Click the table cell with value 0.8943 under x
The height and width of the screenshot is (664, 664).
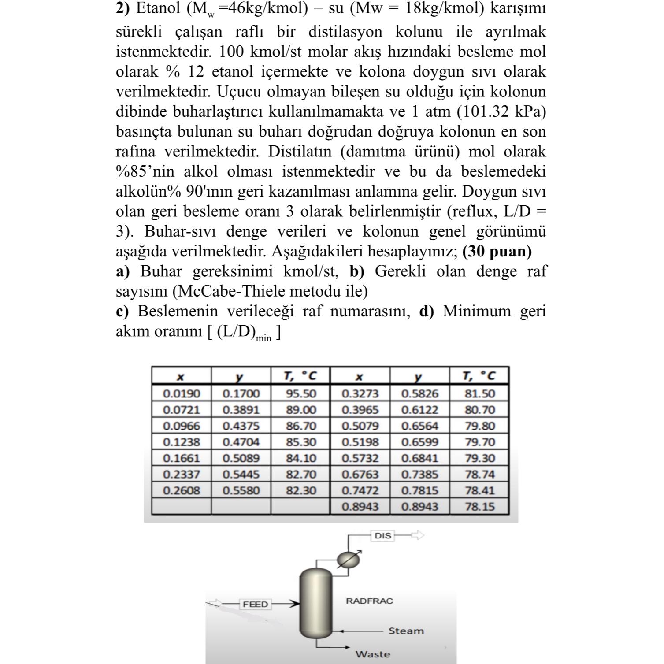pos(360,507)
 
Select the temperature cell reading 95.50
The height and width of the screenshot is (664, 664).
pos(301,393)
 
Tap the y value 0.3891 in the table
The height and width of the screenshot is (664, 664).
pos(241,410)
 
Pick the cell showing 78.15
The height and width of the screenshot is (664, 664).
pos(479,507)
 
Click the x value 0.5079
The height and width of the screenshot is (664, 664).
pos(360,426)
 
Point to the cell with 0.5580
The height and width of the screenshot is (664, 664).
pos(241,490)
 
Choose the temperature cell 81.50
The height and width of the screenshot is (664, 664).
pos(479,393)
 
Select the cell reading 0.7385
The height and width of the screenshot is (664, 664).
pos(419,475)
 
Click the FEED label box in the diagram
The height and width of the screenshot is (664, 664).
pos(255,604)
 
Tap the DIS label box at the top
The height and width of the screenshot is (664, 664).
pos(382,536)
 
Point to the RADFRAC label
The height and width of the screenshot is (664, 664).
pos(369,601)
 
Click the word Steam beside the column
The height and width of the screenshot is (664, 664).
pos(406,631)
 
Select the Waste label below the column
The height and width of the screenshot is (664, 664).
pos(373,654)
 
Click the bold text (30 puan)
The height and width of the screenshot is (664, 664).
pos(497,252)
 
